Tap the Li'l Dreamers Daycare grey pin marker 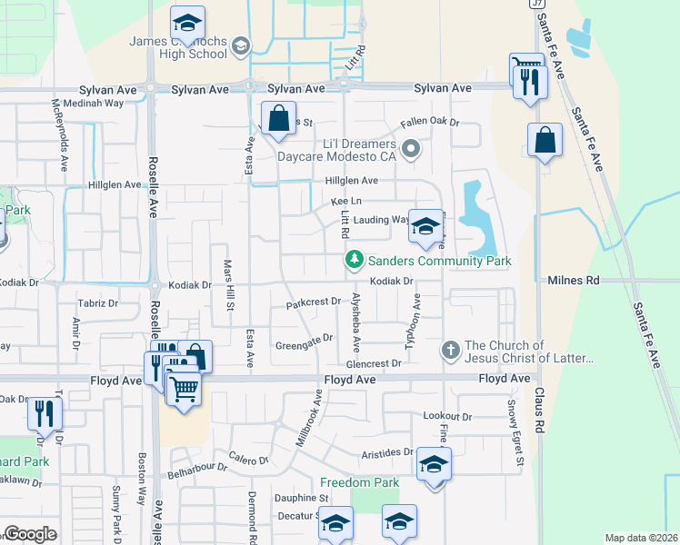(411, 148)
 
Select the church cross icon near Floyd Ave (449, 350)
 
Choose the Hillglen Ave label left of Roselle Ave (115, 184)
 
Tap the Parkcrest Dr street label (313, 302)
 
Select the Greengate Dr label (305, 346)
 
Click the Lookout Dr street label (448, 416)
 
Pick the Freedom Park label (360, 482)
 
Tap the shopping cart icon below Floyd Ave (185, 390)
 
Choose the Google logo (29, 533)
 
